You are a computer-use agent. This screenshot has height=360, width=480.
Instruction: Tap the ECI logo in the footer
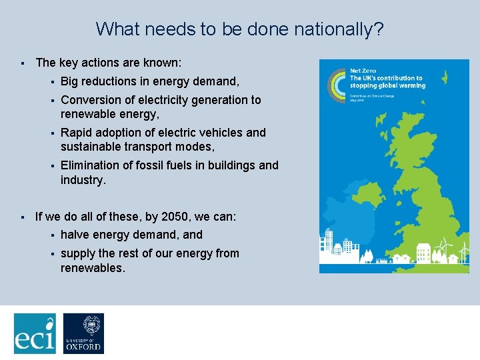click(35, 333)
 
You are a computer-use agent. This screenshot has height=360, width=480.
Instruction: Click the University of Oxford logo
click(83, 333)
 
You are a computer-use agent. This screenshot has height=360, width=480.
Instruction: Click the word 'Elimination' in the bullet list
click(91, 165)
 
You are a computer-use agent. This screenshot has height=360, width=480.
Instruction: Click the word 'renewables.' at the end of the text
click(92, 268)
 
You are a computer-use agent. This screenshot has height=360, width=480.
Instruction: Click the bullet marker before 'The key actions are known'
click(22, 63)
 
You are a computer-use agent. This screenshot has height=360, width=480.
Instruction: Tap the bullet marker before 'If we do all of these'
click(22, 218)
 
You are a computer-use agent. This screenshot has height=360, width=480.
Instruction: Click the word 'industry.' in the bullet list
click(83, 180)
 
